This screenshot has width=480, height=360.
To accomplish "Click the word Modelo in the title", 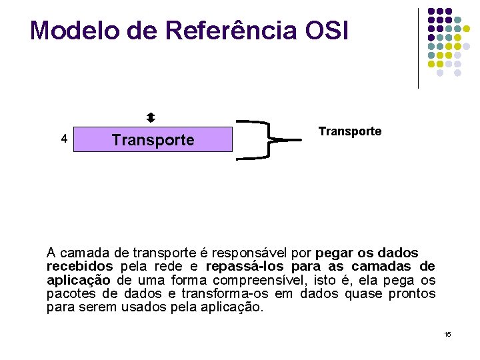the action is coord(70,31).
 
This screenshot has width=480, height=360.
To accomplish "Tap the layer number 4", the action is coord(63,139).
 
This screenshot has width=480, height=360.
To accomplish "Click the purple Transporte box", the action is coord(153,140).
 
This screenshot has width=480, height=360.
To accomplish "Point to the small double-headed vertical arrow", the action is coord(151,117).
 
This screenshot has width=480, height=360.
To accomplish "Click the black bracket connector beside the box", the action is coord(263,140).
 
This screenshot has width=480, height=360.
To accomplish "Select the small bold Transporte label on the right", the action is coord(350,131).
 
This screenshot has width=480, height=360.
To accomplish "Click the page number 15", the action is coord(447,333).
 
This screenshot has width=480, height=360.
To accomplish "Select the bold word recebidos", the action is coord(79,267).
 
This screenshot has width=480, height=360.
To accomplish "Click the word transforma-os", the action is coord(220,294).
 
